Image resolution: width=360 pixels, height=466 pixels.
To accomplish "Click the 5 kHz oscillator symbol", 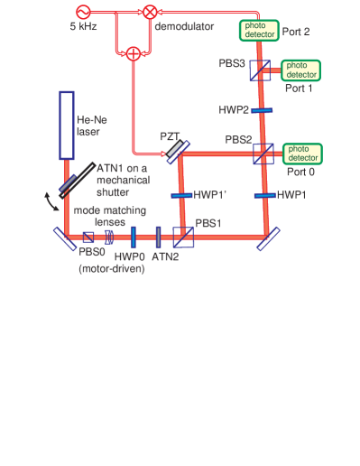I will click(x=84, y=13).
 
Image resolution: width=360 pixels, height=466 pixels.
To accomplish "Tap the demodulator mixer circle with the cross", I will click(x=149, y=13).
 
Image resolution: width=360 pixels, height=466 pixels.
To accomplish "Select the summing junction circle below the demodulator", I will click(x=133, y=53).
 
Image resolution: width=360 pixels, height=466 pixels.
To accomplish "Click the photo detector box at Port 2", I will click(x=258, y=30).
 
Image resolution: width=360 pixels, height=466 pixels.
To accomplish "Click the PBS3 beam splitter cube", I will click(x=262, y=70).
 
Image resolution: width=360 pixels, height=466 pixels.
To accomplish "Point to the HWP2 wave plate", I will click(x=263, y=110).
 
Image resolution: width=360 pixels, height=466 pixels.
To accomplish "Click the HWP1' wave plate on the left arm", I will click(x=183, y=194).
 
